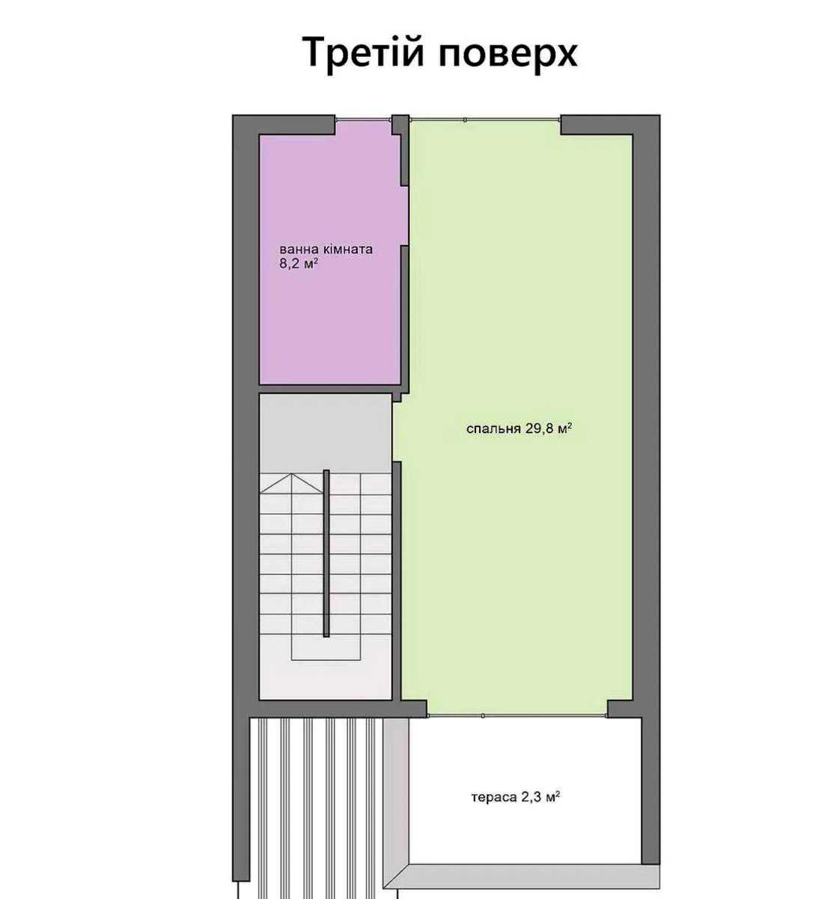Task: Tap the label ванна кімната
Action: pyautogui.click(x=326, y=249)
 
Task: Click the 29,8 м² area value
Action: pyautogui.click(x=549, y=428)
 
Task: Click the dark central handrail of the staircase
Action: pyautogui.click(x=326, y=554)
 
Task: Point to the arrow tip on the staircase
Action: pyautogui.click(x=291, y=474)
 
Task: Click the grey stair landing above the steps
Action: pyautogui.click(x=325, y=433)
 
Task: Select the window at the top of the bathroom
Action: pyautogui.click(x=363, y=120)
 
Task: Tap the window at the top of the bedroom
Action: pyautogui.click(x=485, y=120)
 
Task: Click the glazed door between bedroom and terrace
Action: pyautogui.click(x=517, y=715)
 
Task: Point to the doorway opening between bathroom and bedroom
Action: pyautogui.click(x=405, y=216)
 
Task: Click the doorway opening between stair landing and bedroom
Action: pyautogui.click(x=397, y=432)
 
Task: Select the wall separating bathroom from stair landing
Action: pyautogui.click(x=329, y=389)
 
